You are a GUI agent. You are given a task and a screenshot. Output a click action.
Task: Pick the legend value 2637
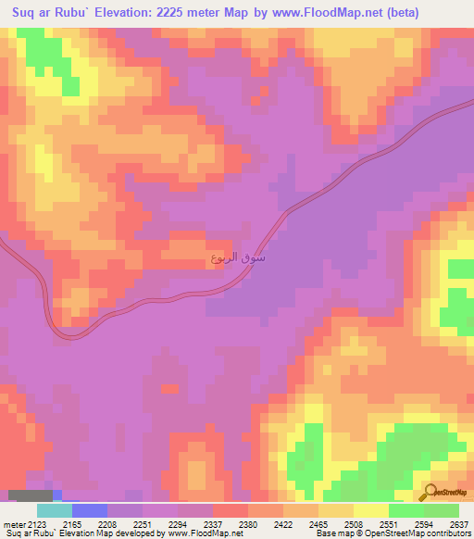[461, 523]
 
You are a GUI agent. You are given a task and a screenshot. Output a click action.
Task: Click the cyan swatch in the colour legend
[55, 510]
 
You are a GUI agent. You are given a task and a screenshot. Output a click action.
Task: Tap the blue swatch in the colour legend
[90, 510]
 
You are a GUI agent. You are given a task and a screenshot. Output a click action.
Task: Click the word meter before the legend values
[12, 523]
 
